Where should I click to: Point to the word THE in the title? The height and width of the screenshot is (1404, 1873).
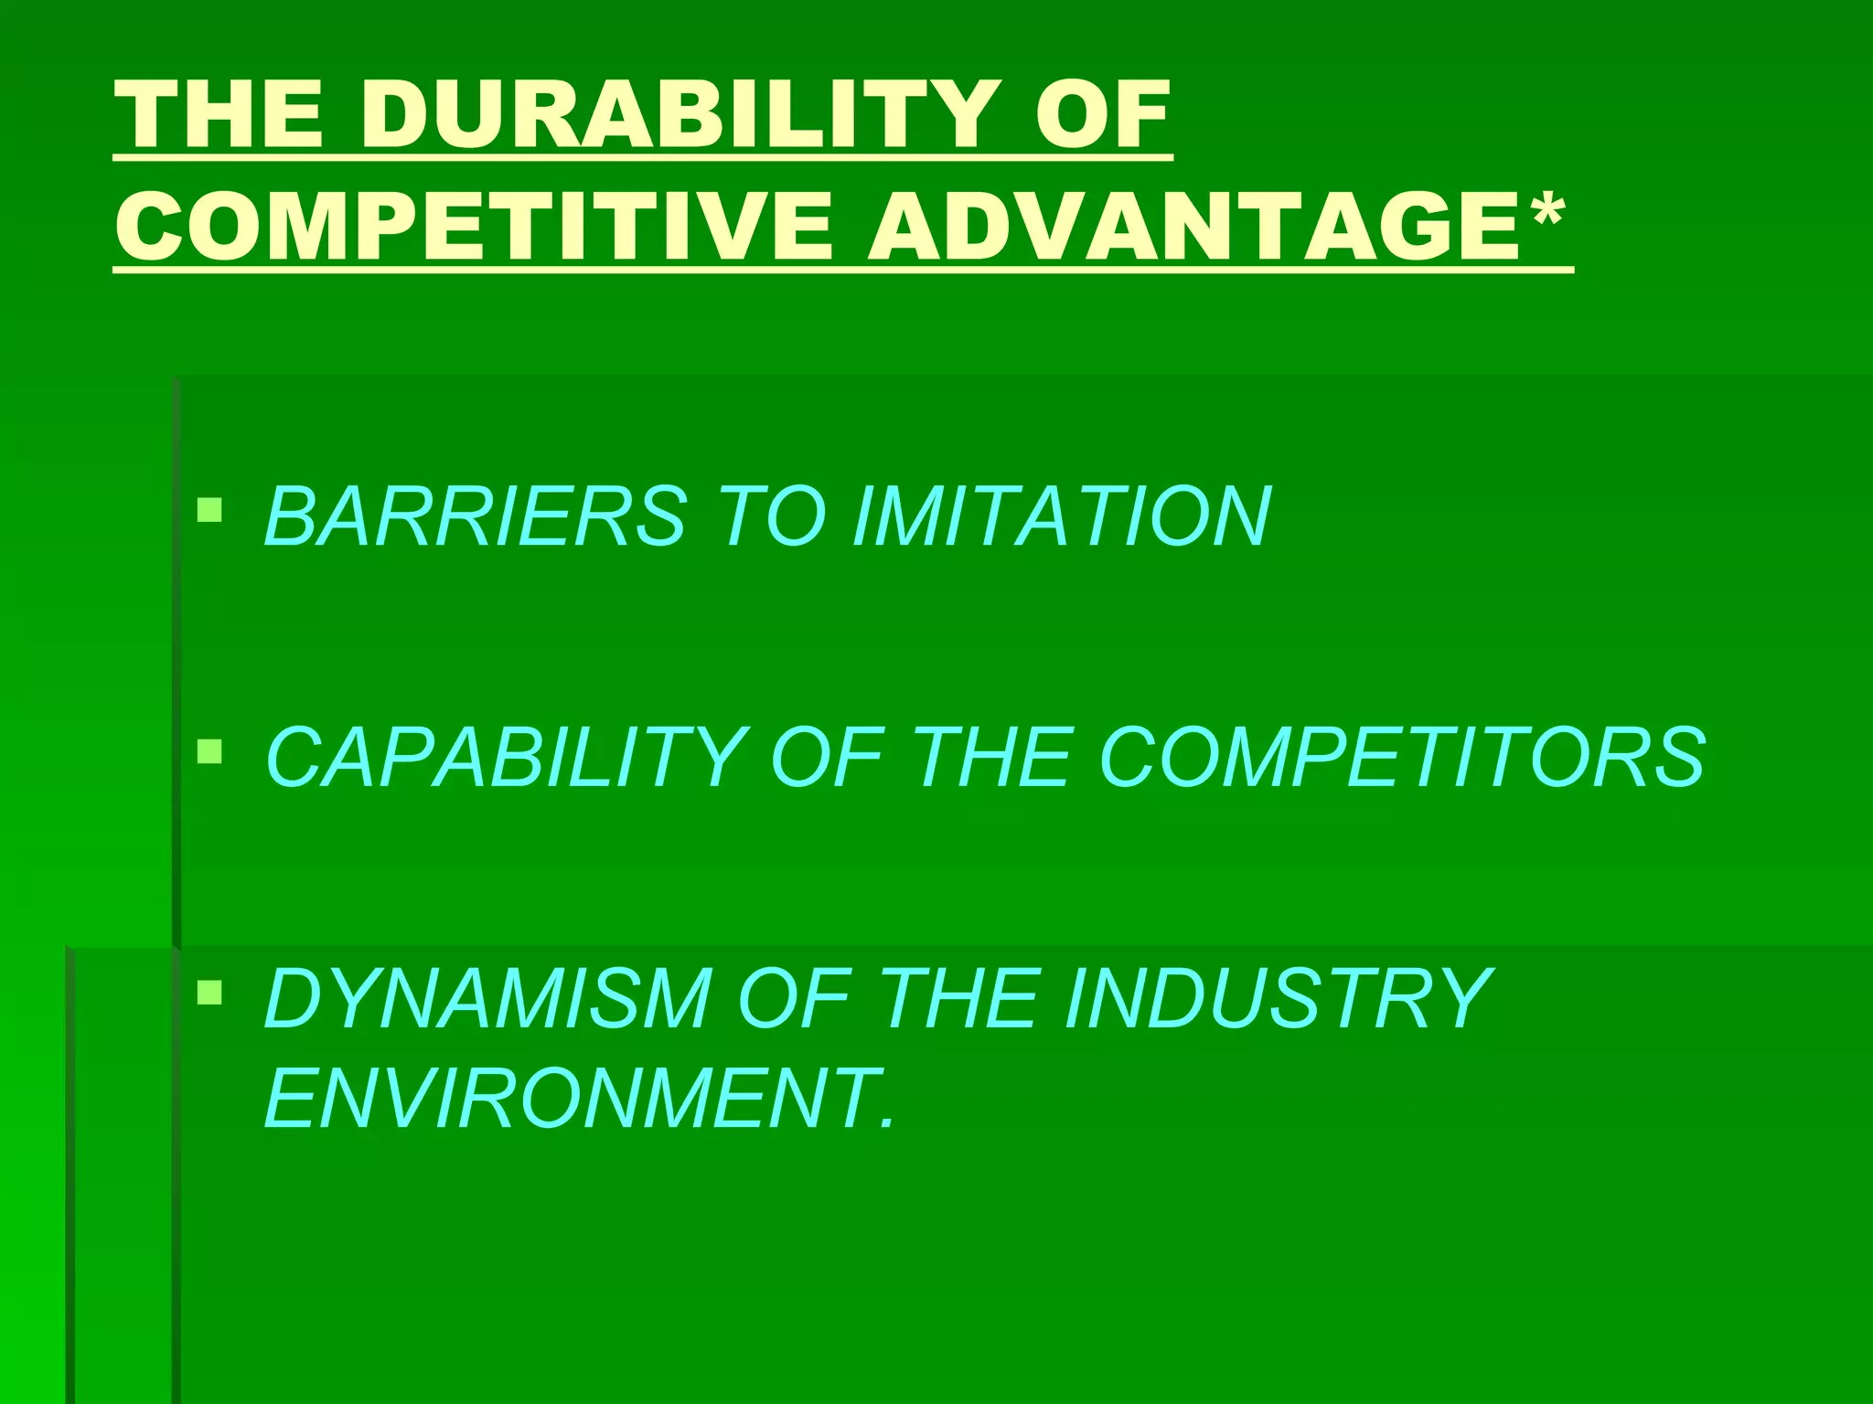click(x=219, y=115)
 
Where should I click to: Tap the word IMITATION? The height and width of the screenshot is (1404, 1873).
click(x=1061, y=516)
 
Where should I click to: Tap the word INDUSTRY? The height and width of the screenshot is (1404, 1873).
click(x=1277, y=999)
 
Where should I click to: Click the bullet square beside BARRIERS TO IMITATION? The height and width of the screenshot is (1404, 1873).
click(x=209, y=509)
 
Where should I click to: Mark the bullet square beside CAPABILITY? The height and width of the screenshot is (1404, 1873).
click(x=209, y=751)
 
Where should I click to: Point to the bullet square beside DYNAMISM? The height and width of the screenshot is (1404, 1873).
click(x=209, y=992)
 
